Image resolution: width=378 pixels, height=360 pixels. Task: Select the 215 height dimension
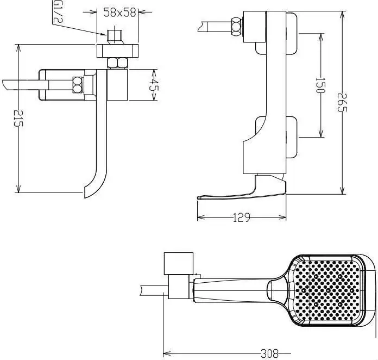click(x=18, y=117)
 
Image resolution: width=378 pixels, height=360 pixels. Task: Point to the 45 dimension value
click(x=153, y=85)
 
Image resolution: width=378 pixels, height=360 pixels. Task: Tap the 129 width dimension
click(x=241, y=218)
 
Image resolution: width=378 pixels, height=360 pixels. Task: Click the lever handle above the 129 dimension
click(x=244, y=191)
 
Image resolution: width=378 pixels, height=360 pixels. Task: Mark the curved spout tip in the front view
click(x=88, y=190)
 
